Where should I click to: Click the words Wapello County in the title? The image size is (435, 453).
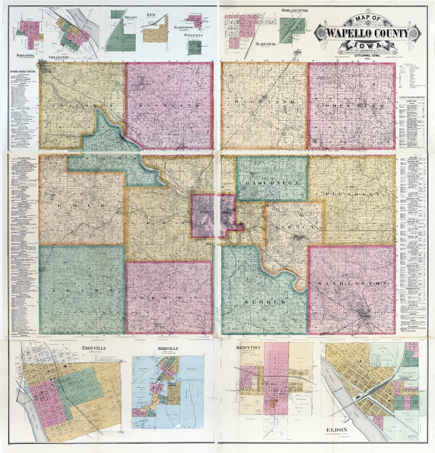367,33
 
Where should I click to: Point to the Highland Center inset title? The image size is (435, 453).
292,10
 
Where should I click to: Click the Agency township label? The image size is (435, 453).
294,227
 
